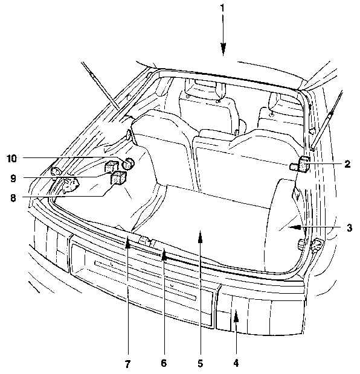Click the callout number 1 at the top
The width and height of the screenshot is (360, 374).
222,8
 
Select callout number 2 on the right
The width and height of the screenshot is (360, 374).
347,164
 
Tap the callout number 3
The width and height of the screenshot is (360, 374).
349,227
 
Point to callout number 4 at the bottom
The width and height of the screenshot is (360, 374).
236,363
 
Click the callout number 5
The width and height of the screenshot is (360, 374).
200,363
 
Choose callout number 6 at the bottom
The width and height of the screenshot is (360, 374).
164,363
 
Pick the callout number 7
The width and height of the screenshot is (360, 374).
127,364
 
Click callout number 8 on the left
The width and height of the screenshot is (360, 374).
13,198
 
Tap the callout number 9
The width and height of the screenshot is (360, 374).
13,178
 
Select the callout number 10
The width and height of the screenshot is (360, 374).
11,159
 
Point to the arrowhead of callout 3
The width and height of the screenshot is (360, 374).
294,227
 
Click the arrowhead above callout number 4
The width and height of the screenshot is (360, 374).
236,315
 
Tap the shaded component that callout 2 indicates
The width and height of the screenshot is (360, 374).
300,164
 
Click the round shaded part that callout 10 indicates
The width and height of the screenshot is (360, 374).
128,163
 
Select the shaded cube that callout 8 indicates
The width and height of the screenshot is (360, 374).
118,177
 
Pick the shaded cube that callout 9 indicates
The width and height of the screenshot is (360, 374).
111,166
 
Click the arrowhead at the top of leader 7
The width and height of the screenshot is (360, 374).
128,242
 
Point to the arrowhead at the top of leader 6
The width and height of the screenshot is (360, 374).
164,254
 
